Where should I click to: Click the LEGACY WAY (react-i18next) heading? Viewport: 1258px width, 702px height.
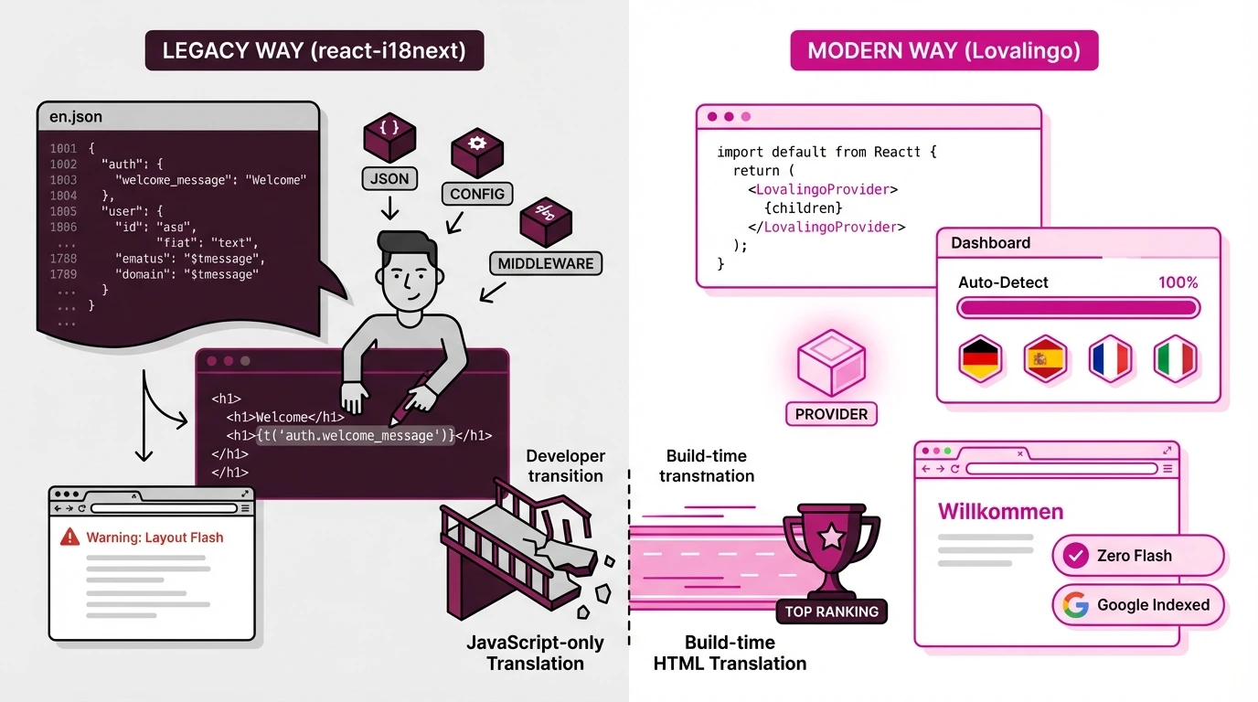coord(314,50)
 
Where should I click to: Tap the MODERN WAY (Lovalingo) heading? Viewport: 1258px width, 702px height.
coord(943,50)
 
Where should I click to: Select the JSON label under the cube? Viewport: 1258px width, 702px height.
coord(390,178)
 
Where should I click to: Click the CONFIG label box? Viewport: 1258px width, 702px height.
coord(477,194)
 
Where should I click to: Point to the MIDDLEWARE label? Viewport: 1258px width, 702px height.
coord(546,263)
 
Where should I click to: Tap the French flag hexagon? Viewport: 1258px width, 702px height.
coord(1110,359)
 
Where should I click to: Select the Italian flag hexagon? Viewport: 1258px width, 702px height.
coord(1175,359)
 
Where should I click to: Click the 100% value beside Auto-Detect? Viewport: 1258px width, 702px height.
coord(1178,282)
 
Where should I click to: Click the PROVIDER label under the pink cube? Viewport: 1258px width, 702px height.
coord(831,414)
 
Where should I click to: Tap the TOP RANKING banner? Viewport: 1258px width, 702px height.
coord(831,612)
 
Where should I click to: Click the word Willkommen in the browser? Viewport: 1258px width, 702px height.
coord(1000,511)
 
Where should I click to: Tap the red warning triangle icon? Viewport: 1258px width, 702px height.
coord(69,537)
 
